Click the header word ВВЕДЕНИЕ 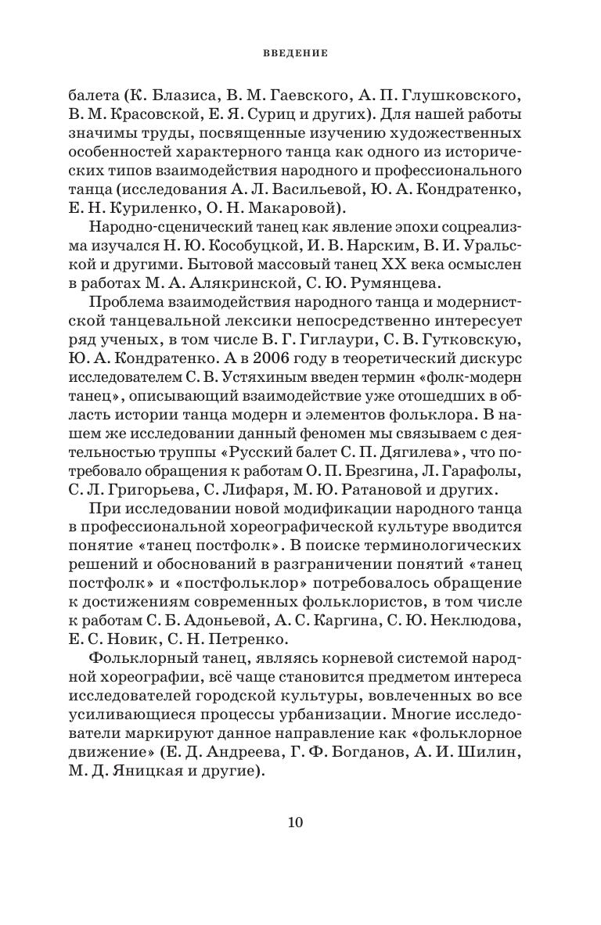coord(300,53)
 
